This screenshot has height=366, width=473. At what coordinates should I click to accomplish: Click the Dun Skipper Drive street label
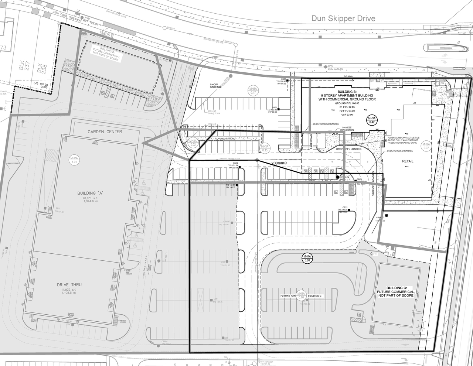coord(343,18)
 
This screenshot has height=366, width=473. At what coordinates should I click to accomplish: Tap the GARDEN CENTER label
coord(105,132)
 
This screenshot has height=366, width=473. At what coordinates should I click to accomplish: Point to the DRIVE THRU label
coord(69,285)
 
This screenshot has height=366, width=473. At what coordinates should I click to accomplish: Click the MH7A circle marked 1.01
coord(74,160)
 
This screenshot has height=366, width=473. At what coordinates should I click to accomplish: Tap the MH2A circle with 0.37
coord(426,146)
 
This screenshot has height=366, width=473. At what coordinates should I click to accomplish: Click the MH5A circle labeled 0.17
coord(253,91)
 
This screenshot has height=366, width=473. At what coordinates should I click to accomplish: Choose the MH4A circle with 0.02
coord(193,143)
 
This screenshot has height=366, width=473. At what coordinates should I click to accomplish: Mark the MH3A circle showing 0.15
coord(265,148)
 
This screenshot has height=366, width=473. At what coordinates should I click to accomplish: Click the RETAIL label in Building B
coord(408,161)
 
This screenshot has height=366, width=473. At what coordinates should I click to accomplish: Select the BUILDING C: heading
coord(397,288)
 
